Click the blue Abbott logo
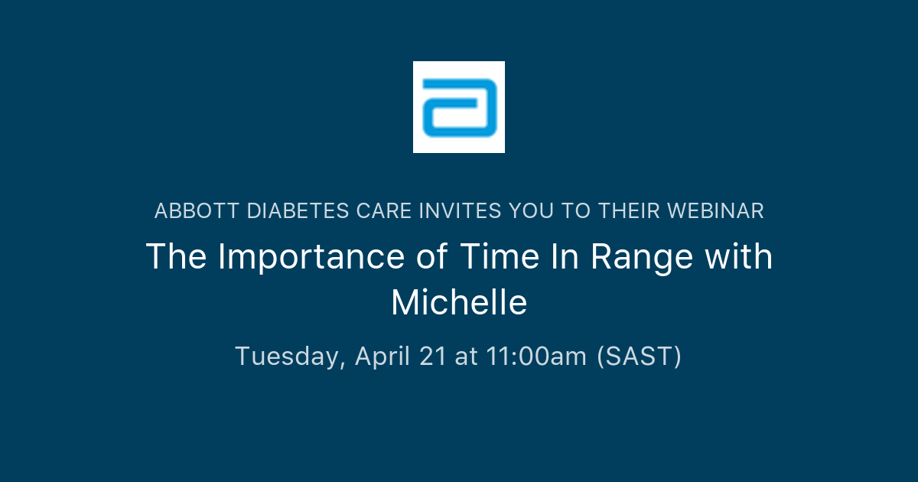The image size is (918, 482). pyautogui.click(x=459, y=107)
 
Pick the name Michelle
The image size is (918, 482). pyautogui.click(x=459, y=303)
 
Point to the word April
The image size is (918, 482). pyautogui.click(x=384, y=357)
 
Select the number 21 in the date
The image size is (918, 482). pyautogui.click(x=432, y=357)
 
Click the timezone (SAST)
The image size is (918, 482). pyautogui.click(x=639, y=357)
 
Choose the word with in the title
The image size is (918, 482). pyautogui.click(x=738, y=257)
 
